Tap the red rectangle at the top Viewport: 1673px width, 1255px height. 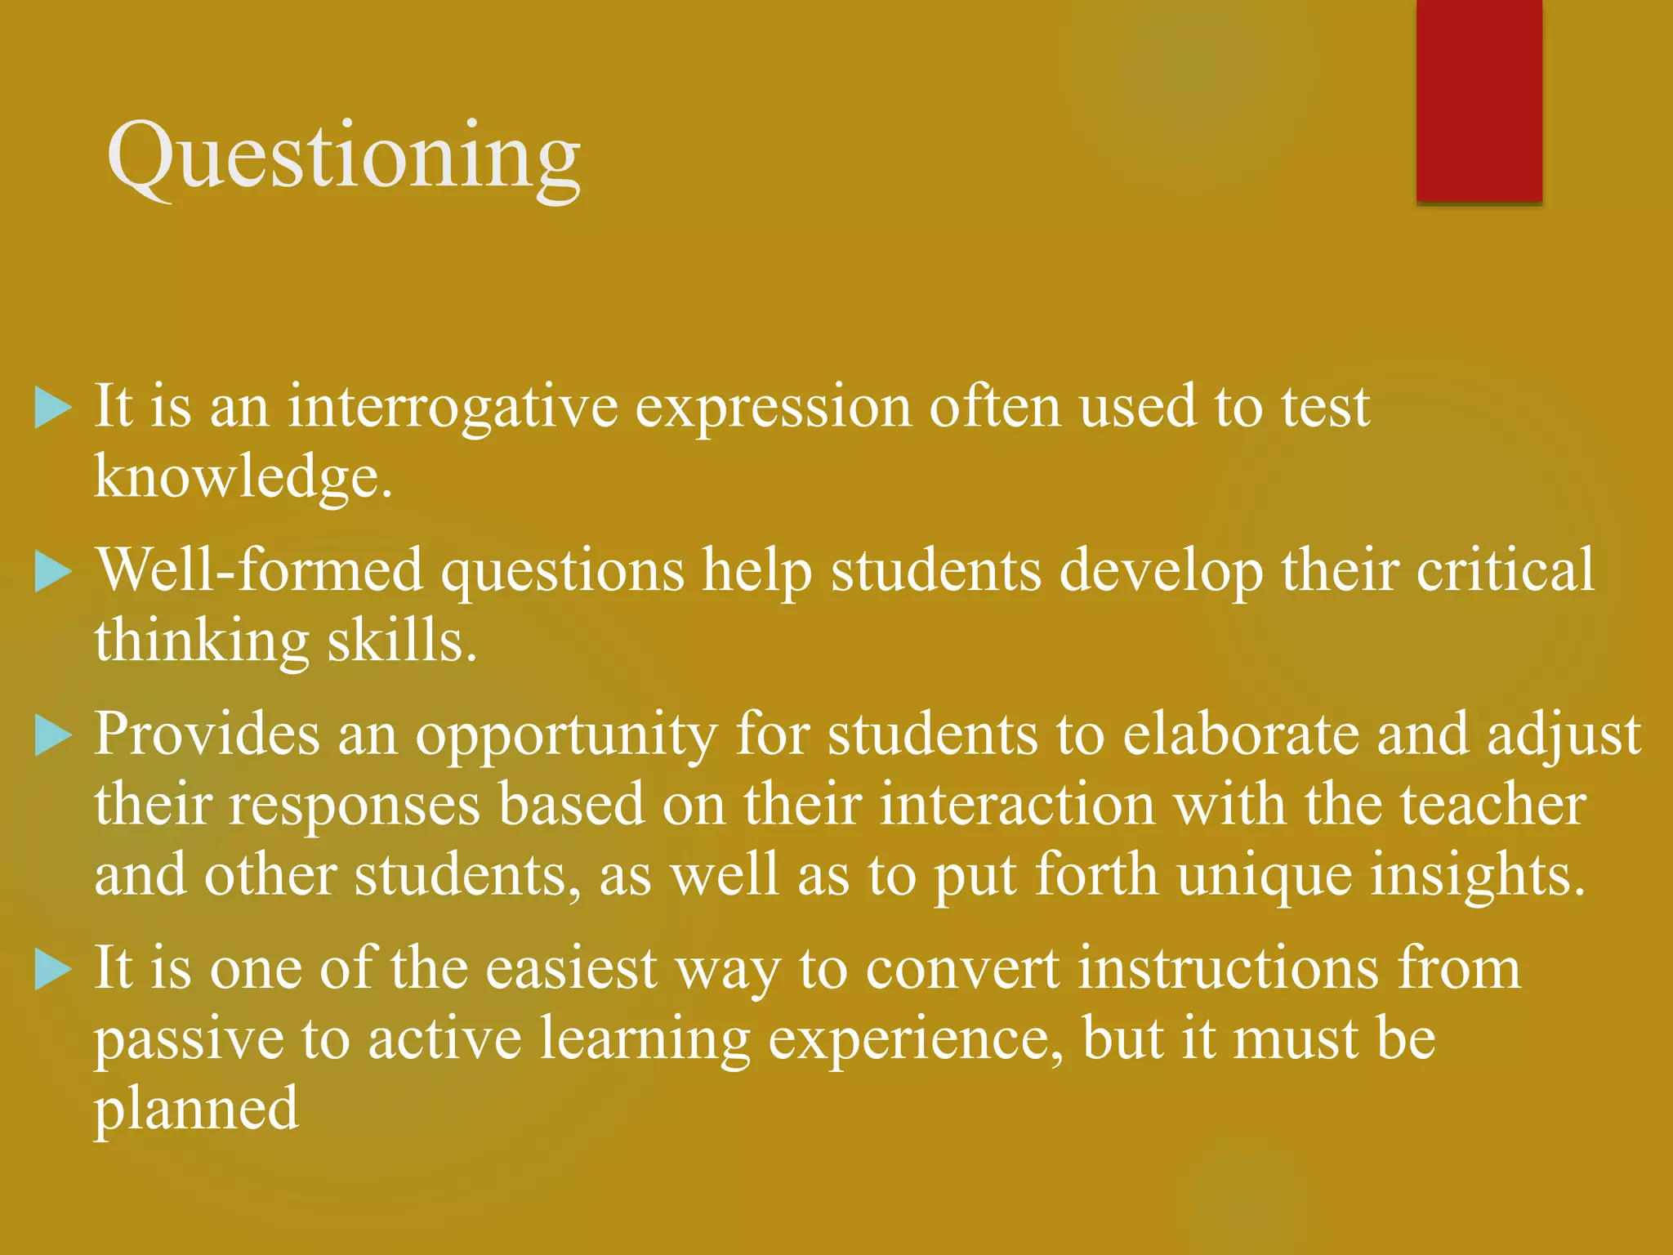click(x=1479, y=100)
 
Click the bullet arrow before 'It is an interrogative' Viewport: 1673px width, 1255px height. click(x=54, y=408)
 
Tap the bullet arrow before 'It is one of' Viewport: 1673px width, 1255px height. click(x=54, y=970)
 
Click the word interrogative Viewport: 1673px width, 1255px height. click(x=453, y=406)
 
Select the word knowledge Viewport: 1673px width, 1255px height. click(x=243, y=476)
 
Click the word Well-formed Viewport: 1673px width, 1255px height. click(x=260, y=569)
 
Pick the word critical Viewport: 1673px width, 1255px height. click(x=1505, y=569)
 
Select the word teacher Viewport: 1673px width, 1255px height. click(x=1493, y=805)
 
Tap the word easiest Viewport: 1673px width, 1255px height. click(x=571, y=968)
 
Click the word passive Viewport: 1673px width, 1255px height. click(x=189, y=1039)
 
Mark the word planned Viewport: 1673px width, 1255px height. click(x=196, y=1110)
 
